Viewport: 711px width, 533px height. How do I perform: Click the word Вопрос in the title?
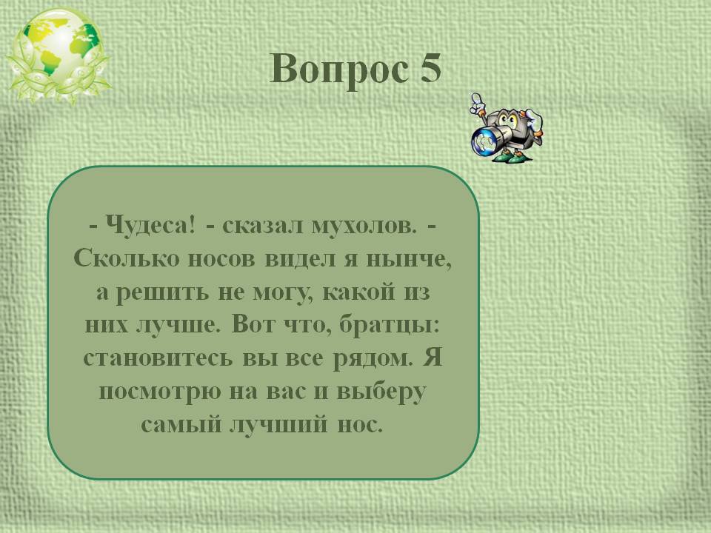tap(338, 70)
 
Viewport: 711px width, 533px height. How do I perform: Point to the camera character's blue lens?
tap(486, 141)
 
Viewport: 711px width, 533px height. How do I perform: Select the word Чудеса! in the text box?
tap(151, 225)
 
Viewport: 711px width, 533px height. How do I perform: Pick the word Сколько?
tap(127, 259)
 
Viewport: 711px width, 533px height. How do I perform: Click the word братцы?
tap(390, 325)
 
